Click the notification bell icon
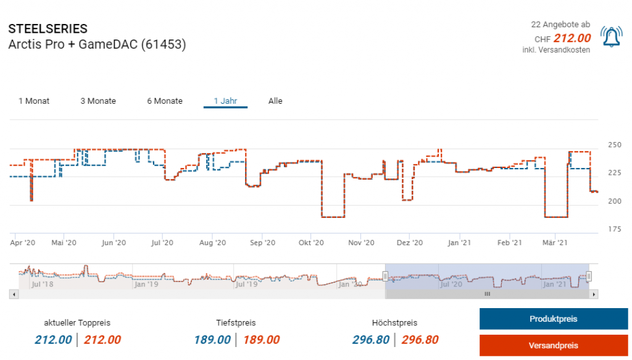pyautogui.click(x=611, y=38)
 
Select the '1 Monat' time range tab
pyautogui.click(x=34, y=101)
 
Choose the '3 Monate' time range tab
pyautogui.click(x=98, y=101)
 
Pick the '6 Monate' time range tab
pyautogui.click(x=165, y=101)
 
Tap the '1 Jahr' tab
pyautogui.click(x=225, y=101)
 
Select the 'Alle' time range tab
pyautogui.click(x=275, y=101)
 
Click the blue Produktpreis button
pyautogui.click(x=554, y=319)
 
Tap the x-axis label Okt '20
pyautogui.click(x=311, y=243)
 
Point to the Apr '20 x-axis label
pyautogui.click(x=23, y=243)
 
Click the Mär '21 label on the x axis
pyautogui.click(x=555, y=243)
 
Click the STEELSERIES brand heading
pyautogui.click(x=48, y=29)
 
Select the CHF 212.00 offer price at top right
pyautogui.click(x=572, y=38)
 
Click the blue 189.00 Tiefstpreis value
pyautogui.click(x=212, y=340)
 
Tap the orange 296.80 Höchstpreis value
pyautogui.click(x=420, y=340)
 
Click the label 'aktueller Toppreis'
pyautogui.click(x=77, y=323)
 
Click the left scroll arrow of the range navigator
pyautogui.click(x=13, y=295)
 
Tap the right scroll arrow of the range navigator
pyautogui.click(x=594, y=295)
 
